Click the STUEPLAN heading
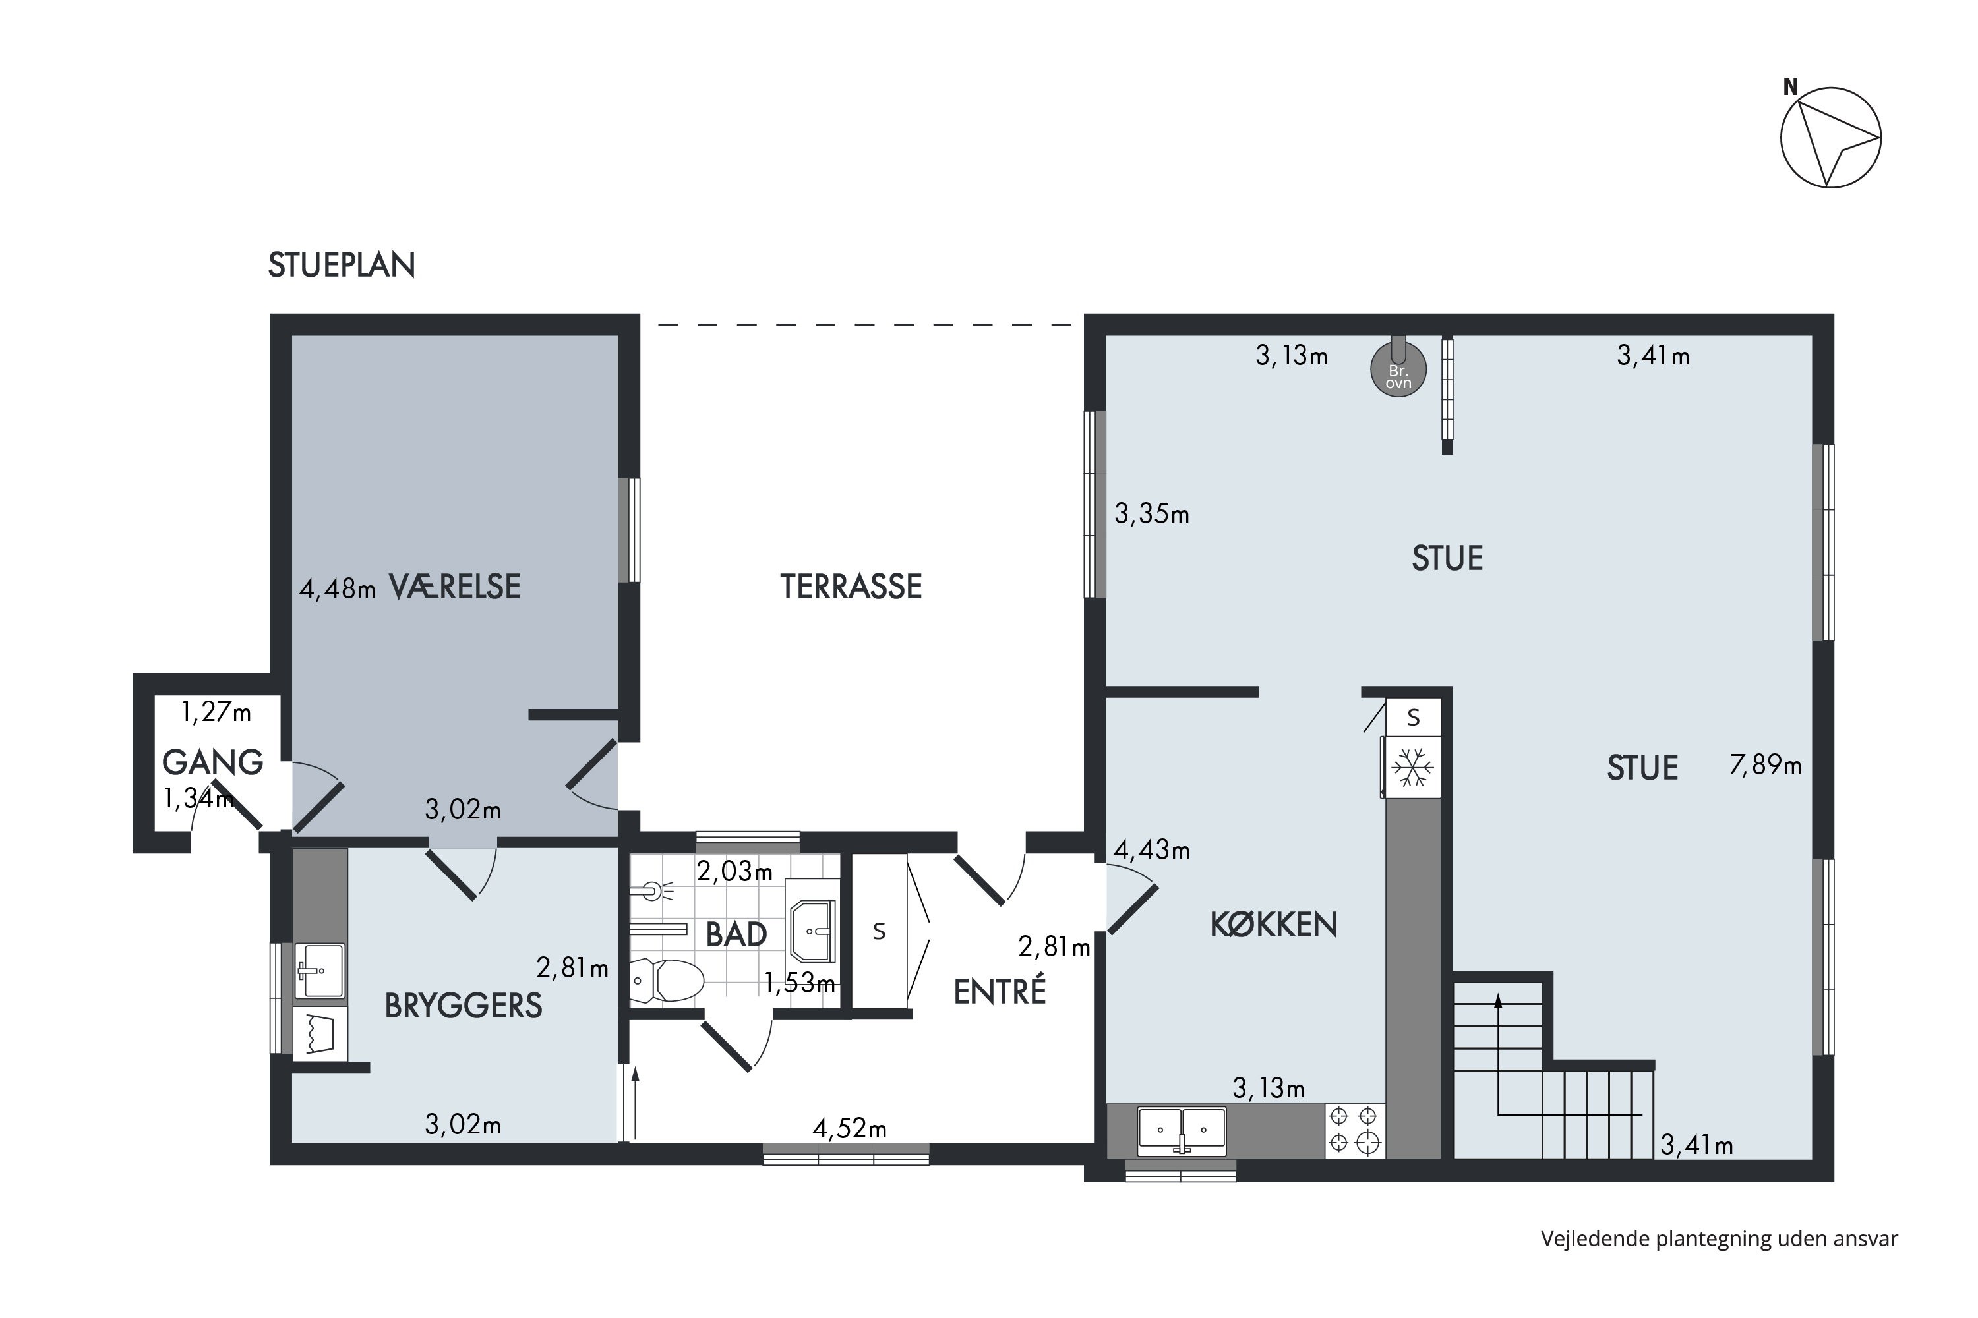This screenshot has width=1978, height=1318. coord(342,265)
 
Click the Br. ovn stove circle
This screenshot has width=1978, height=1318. coord(1398,369)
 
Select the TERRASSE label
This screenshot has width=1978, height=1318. coord(851,587)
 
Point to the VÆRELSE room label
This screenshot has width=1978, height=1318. coord(454,587)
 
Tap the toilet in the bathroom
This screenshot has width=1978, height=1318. coord(666,980)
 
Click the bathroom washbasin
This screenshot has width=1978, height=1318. coord(812,931)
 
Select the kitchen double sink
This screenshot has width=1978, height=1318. coord(1182,1132)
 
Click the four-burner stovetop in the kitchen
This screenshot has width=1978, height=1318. coord(1355,1131)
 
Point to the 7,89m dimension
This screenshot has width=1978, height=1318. coord(1765,765)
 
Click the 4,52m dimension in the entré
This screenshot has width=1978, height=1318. coord(849,1128)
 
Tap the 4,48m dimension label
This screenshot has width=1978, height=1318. coord(337,589)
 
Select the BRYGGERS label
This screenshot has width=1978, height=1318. coord(464,1006)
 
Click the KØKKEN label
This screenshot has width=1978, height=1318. coord(1273,925)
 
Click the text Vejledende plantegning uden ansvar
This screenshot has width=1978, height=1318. coord(1719,1239)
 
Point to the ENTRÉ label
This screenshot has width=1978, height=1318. coord(1000,991)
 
